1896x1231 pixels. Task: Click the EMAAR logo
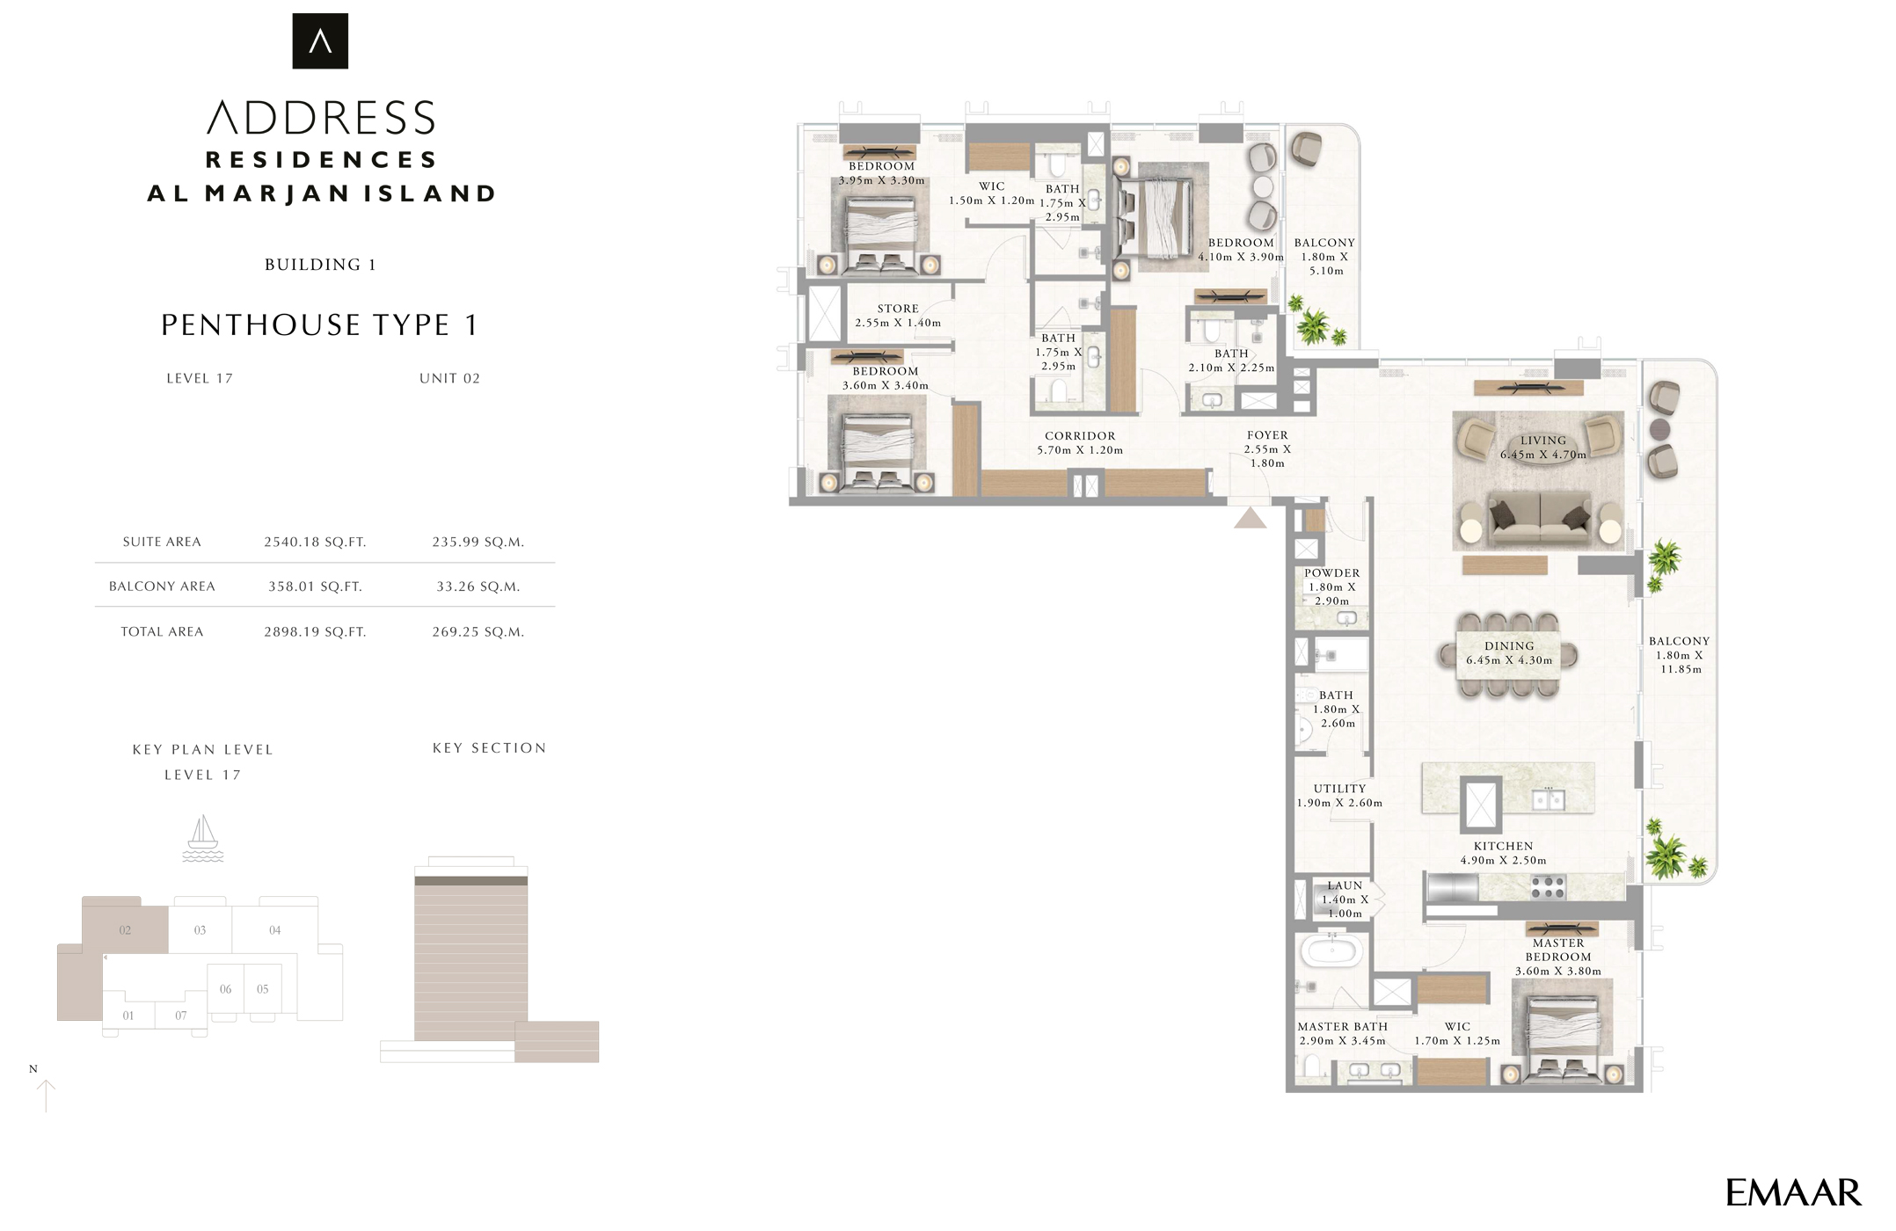[x=1793, y=1193]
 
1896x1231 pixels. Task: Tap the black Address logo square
[x=320, y=41]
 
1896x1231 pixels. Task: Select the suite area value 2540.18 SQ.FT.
[x=315, y=542]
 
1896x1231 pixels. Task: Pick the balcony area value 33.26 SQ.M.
[x=478, y=586]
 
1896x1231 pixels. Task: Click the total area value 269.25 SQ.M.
[x=478, y=631]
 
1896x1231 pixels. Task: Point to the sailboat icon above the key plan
[x=202, y=838]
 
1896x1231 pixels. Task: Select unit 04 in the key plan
[x=274, y=929]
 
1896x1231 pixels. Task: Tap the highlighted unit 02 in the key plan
[x=125, y=929]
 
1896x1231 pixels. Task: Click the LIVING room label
[x=1543, y=441]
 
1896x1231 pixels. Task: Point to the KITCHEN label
[x=1503, y=846]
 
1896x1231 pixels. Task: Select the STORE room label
[x=898, y=309]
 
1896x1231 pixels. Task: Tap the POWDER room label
[x=1331, y=573]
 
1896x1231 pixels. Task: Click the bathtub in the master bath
[x=1331, y=951]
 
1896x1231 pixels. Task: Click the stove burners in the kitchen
[x=1548, y=887]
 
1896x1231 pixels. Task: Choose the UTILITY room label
[x=1339, y=789]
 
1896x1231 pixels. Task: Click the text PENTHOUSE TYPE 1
[x=320, y=325]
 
